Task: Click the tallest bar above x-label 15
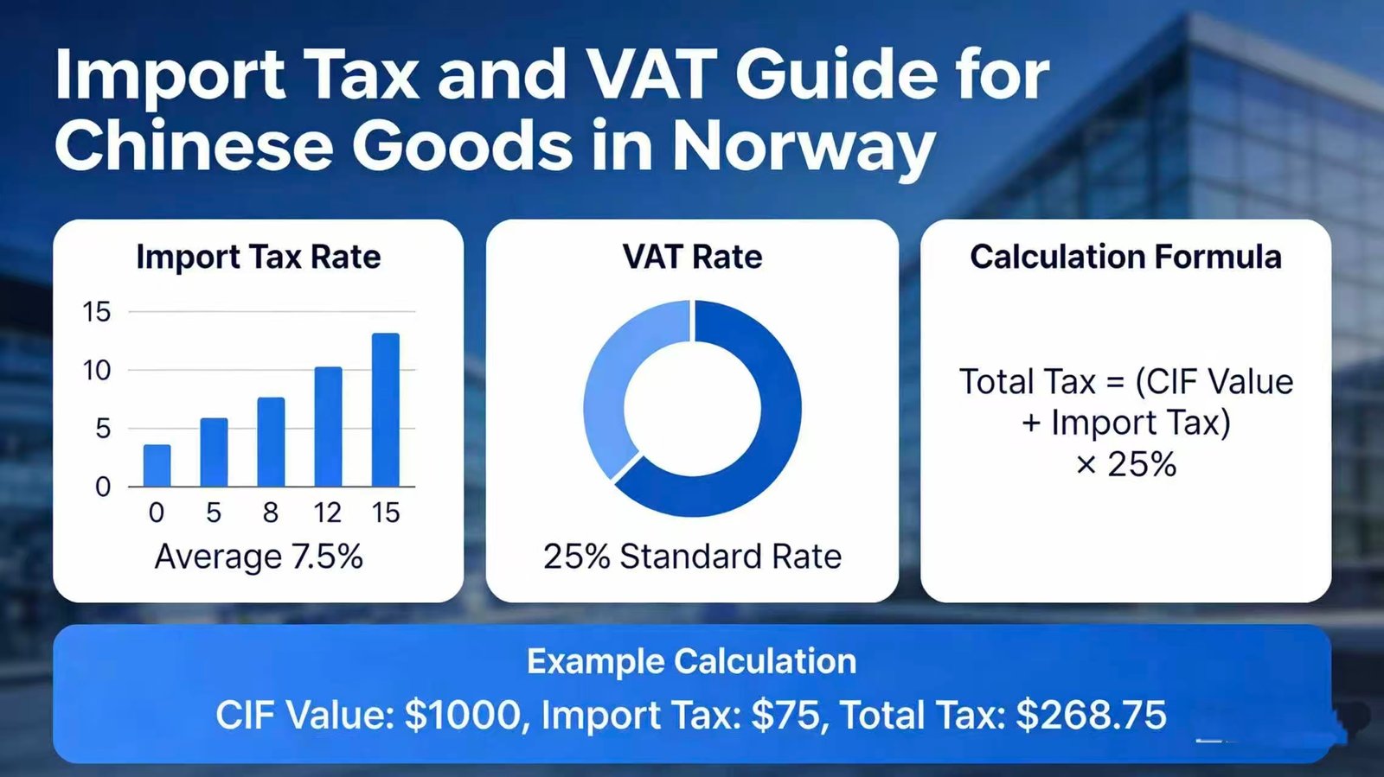(x=386, y=410)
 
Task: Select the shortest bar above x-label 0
(x=157, y=465)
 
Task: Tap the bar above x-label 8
(x=272, y=442)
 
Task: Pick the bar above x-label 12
(x=328, y=427)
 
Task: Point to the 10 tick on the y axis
(x=96, y=371)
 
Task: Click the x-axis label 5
(x=214, y=513)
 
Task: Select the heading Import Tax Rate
(x=259, y=257)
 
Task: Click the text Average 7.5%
(x=259, y=557)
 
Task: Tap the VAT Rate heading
(x=692, y=257)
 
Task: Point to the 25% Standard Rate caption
(x=692, y=557)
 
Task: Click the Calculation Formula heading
(x=1125, y=257)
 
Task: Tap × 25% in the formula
(x=1125, y=464)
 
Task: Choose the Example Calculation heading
(x=691, y=662)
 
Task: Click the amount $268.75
(x=1091, y=716)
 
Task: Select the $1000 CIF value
(x=462, y=716)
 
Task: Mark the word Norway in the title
(x=804, y=148)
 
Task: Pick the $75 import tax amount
(x=786, y=716)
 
